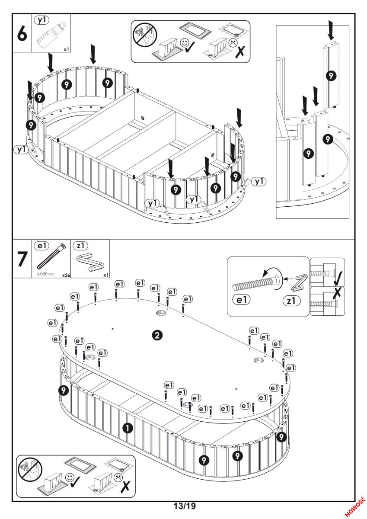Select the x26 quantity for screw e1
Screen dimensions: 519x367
click(66, 275)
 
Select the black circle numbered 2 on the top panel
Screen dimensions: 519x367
click(158, 335)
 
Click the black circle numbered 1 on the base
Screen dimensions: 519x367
click(128, 428)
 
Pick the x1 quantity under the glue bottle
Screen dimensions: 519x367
click(66, 49)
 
